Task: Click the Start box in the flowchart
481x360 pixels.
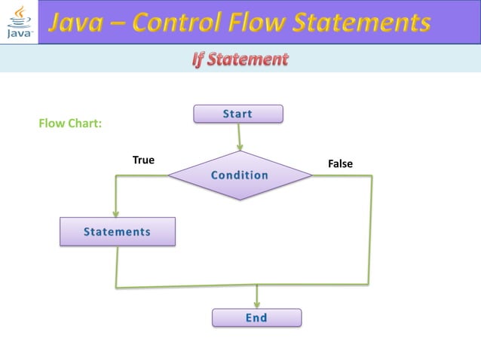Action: (238, 114)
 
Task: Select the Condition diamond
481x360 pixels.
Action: (240, 175)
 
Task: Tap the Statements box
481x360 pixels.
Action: (118, 232)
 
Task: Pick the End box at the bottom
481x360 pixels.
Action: (256, 318)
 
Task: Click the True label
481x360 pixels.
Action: (143, 160)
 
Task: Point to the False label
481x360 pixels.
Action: (339, 164)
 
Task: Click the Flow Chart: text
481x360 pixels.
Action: (70, 124)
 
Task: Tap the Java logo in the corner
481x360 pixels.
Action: (19, 22)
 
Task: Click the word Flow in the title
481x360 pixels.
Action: (263, 24)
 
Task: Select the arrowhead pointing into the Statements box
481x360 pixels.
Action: (116, 212)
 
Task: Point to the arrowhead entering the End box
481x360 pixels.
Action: (257, 303)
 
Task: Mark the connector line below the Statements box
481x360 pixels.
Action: (117, 267)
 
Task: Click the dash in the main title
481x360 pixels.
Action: (116, 24)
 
